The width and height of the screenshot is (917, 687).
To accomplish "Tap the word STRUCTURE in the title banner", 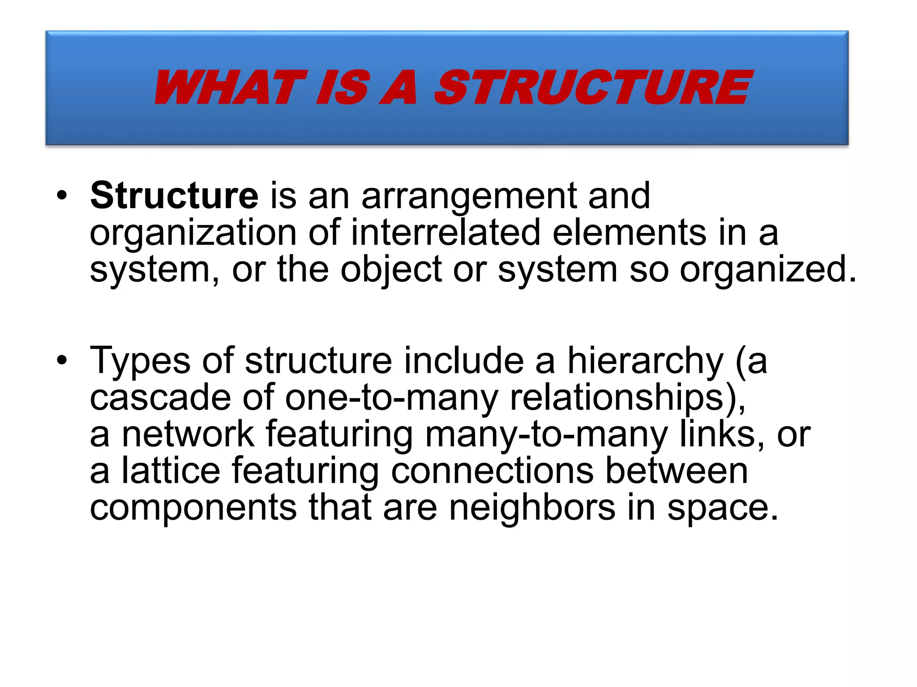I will (593, 88).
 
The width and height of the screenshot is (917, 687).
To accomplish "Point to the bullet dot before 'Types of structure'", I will (62, 360).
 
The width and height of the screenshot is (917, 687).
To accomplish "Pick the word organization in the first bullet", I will (193, 233).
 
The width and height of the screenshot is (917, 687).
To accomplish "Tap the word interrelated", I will (446, 233).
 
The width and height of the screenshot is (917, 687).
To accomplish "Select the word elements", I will (629, 233).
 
